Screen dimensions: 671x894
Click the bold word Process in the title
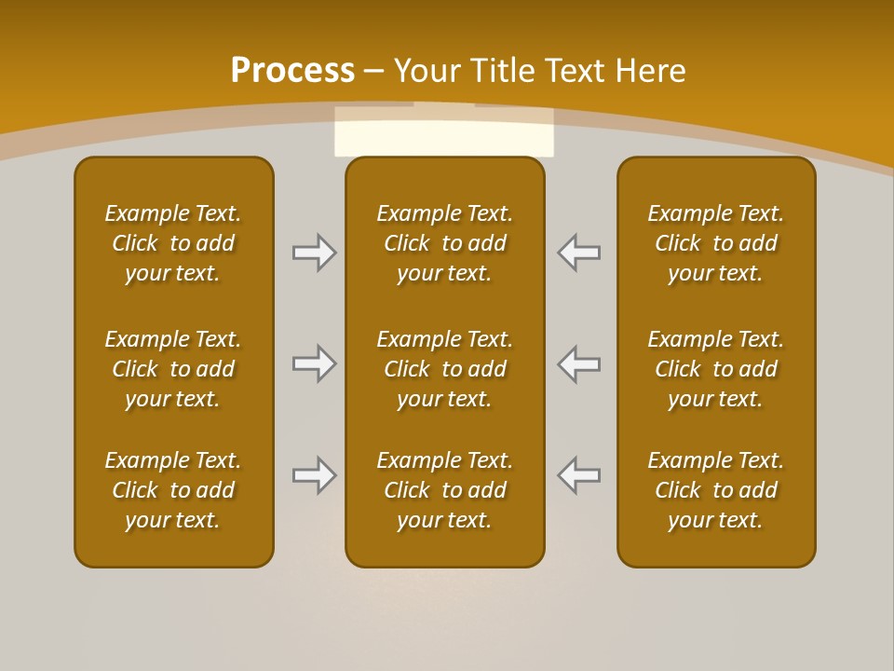point(292,70)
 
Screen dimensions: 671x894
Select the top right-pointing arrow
point(315,253)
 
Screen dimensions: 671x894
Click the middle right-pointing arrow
point(315,363)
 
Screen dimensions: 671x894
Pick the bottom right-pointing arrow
point(315,475)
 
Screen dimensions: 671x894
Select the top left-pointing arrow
point(578,253)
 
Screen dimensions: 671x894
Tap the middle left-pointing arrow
point(578,363)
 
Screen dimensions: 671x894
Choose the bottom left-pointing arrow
point(578,475)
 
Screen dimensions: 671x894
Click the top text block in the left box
point(173,243)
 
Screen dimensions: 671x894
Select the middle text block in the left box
point(173,369)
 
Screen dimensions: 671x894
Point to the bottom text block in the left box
point(173,490)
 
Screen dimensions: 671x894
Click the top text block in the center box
point(445,243)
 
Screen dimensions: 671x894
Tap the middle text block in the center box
point(445,369)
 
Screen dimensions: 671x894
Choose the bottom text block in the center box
point(445,490)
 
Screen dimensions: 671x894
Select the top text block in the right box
point(716,243)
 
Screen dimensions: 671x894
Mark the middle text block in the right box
point(716,369)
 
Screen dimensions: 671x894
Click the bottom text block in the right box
point(716,490)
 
